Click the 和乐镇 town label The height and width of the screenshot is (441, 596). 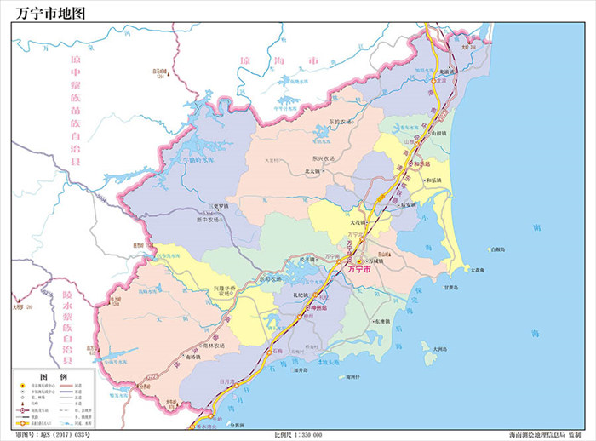coord(433,180)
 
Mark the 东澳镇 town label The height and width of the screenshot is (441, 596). coord(383,322)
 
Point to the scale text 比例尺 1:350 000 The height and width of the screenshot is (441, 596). coord(298,435)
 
